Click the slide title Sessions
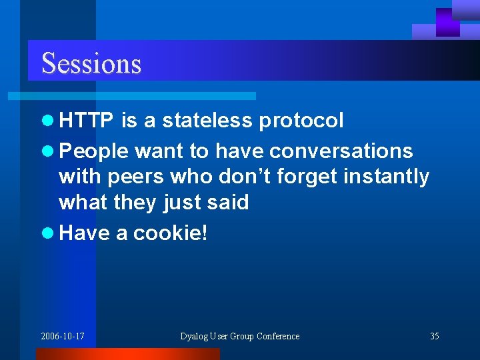click(91, 63)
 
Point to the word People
click(93, 151)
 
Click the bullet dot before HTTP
click(46, 121)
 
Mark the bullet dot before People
click(46, 152)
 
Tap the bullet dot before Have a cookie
click(46, 233)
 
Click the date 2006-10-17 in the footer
click(63, 336)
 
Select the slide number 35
click(434, 336)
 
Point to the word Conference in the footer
click(278, 336)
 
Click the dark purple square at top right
click(447, 22)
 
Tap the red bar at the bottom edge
click(127, 354)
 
